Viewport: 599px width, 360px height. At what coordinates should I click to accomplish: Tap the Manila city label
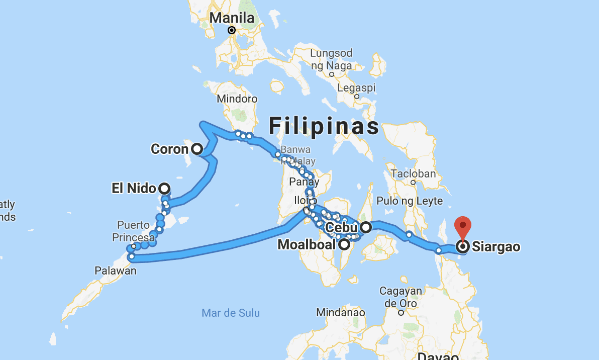pyautogui.click(x=232, y=18)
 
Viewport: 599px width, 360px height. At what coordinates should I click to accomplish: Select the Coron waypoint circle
pyautogui.click(x=196, y=149)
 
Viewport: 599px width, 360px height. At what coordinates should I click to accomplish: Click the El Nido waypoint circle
pyautogui.click(x=164, y=189)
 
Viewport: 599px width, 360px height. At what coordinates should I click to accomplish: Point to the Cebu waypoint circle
pyautogui.click(x=366, y=227)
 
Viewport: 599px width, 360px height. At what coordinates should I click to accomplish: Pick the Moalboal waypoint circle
pyautogui.click(x=344, y=245)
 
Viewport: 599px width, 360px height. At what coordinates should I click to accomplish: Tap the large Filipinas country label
pyautogui.click(x=324, y=126)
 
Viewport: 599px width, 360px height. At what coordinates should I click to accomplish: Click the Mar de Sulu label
pyautogui.click(x=231, y=313)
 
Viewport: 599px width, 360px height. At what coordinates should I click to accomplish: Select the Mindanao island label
pyautogui.click(x=340, y=312)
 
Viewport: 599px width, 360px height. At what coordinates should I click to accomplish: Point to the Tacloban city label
pyautogui.click(x=413, y=173)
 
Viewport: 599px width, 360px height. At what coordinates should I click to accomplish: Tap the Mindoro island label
pyautogui.click(x=237, y=99)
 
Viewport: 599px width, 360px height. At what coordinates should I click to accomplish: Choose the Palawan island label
pyautogui.click(x=116, y=271)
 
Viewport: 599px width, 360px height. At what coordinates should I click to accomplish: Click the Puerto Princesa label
pyautogui.click(x=134, y=231)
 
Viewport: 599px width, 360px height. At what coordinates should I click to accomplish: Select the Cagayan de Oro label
pyautogui.click(x=398, y=297)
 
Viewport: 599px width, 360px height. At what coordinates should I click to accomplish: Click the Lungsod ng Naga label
pyautogui.click(x=331, y=59)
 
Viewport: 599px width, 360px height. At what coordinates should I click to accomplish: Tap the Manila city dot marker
pyautogui.click(x=232, y=30)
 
